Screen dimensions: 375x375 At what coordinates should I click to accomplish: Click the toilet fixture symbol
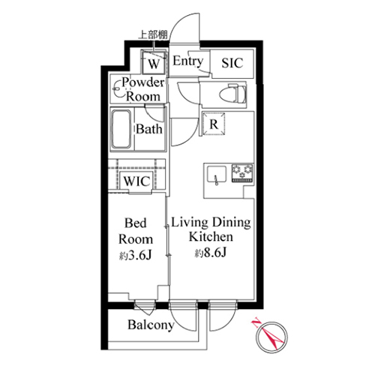click(x=233, y=94)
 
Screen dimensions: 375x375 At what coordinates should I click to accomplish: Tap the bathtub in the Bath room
click(x=121, y=130)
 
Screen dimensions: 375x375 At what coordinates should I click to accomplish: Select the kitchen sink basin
click(x=217, y=175)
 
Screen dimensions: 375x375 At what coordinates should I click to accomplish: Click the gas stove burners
click(x=242, y=172)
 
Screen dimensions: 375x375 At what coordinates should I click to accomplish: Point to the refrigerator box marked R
click(x=214, y=124)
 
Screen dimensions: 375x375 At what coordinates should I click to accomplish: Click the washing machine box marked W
click(x=154, y=62)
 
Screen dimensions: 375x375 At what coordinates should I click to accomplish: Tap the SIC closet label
click(x=232, y=63)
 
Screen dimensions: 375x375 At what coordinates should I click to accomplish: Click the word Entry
click(x=188, y=61)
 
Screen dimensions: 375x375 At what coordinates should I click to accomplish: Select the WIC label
click(x=136, y=181)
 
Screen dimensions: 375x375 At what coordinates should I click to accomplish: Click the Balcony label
click(x=151, y=325)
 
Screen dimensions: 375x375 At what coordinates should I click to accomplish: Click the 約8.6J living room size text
click(x=211, y=253)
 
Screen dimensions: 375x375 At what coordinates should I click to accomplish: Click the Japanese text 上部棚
click(x=153, y=34)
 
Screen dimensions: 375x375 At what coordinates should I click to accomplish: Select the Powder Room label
click(x=143, y=89)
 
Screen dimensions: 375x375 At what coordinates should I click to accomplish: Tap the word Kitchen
click(x=211, y=237)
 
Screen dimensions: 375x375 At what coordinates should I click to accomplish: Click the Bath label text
click(x=149, y=129)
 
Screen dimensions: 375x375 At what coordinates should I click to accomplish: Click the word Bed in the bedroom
click(x=136, y=223)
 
